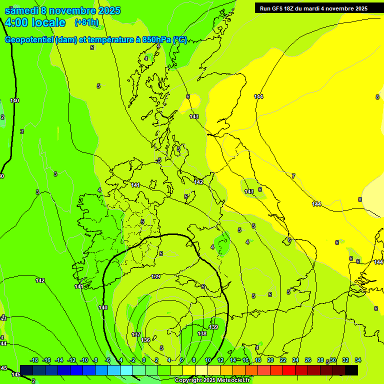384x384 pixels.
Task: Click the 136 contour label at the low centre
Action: pyautogui.click(x=146, y=340)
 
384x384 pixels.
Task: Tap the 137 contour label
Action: pyautogui.click(x=136, y=334)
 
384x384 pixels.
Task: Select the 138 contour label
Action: pyautogui.click(x=202, y=333)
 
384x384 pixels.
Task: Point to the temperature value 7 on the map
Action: pyautogui.click(x=293, y=176)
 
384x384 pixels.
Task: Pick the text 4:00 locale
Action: pyautogui.click(x=35, y=22)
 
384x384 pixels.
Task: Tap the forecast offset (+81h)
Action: pyautogui.click(x=86, y=22)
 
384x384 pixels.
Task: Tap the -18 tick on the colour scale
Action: pyautogui.click(x=34, y=360)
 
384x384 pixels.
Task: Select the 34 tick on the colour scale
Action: pyautogui.click(x=358, y=360)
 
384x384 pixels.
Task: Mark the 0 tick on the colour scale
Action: pyautogui.click(x=144, y=360)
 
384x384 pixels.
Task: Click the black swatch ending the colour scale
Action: pyautogui.click(x=351, y=370)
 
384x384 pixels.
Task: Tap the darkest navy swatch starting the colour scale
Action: pyautogui.click(x=26, y=370)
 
